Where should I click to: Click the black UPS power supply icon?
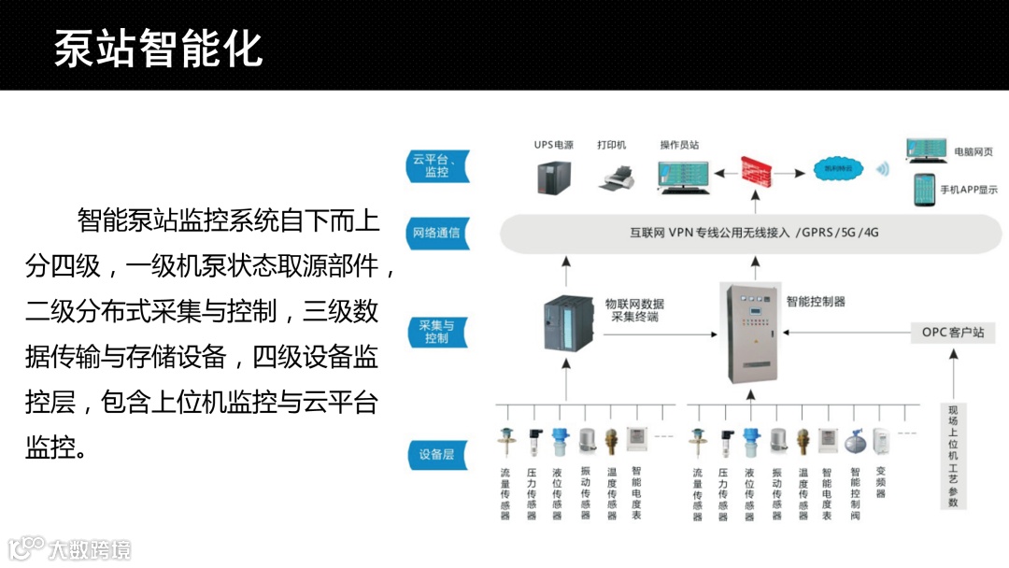pyautogui.click(x=553, y=176)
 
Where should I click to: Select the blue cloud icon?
pyautogui.click(x=833, y=169)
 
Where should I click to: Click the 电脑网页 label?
pyautogui.click(x=973, y=150)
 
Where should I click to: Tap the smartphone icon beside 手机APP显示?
pyautogui.click(x=923, y=190)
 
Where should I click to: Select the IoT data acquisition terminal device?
pyautogui.click(x=563, y=323)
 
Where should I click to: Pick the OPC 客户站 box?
pyautogui.click(x=952, y=332)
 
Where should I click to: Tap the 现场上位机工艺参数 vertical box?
pyautogui.click(x=953, y=456)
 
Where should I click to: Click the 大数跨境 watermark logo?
pyautogui.click(x=70, y=548)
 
